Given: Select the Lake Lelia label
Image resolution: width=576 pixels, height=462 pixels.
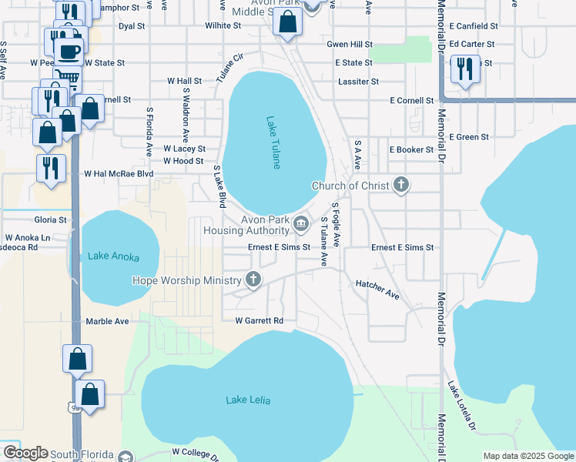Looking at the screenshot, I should click(249, 400).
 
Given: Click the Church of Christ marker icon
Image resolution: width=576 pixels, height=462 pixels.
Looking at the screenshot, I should click(400, 185).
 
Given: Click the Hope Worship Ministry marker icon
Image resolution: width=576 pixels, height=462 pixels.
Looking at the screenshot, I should click(254, 281).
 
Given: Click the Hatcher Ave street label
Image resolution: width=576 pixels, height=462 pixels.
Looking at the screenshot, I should click(377, 290).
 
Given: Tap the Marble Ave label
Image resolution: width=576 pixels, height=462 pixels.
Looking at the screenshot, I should click(107, 321).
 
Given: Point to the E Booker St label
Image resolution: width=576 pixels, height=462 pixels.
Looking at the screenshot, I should click(411, 149).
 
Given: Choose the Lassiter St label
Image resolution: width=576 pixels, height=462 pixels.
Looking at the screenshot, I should click(358, 81).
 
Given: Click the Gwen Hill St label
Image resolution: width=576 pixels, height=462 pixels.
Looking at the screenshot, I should click(350, 45).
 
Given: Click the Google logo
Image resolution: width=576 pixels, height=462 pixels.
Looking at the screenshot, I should click(25, 453).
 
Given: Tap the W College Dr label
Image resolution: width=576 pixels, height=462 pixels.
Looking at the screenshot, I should click(196, 452).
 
